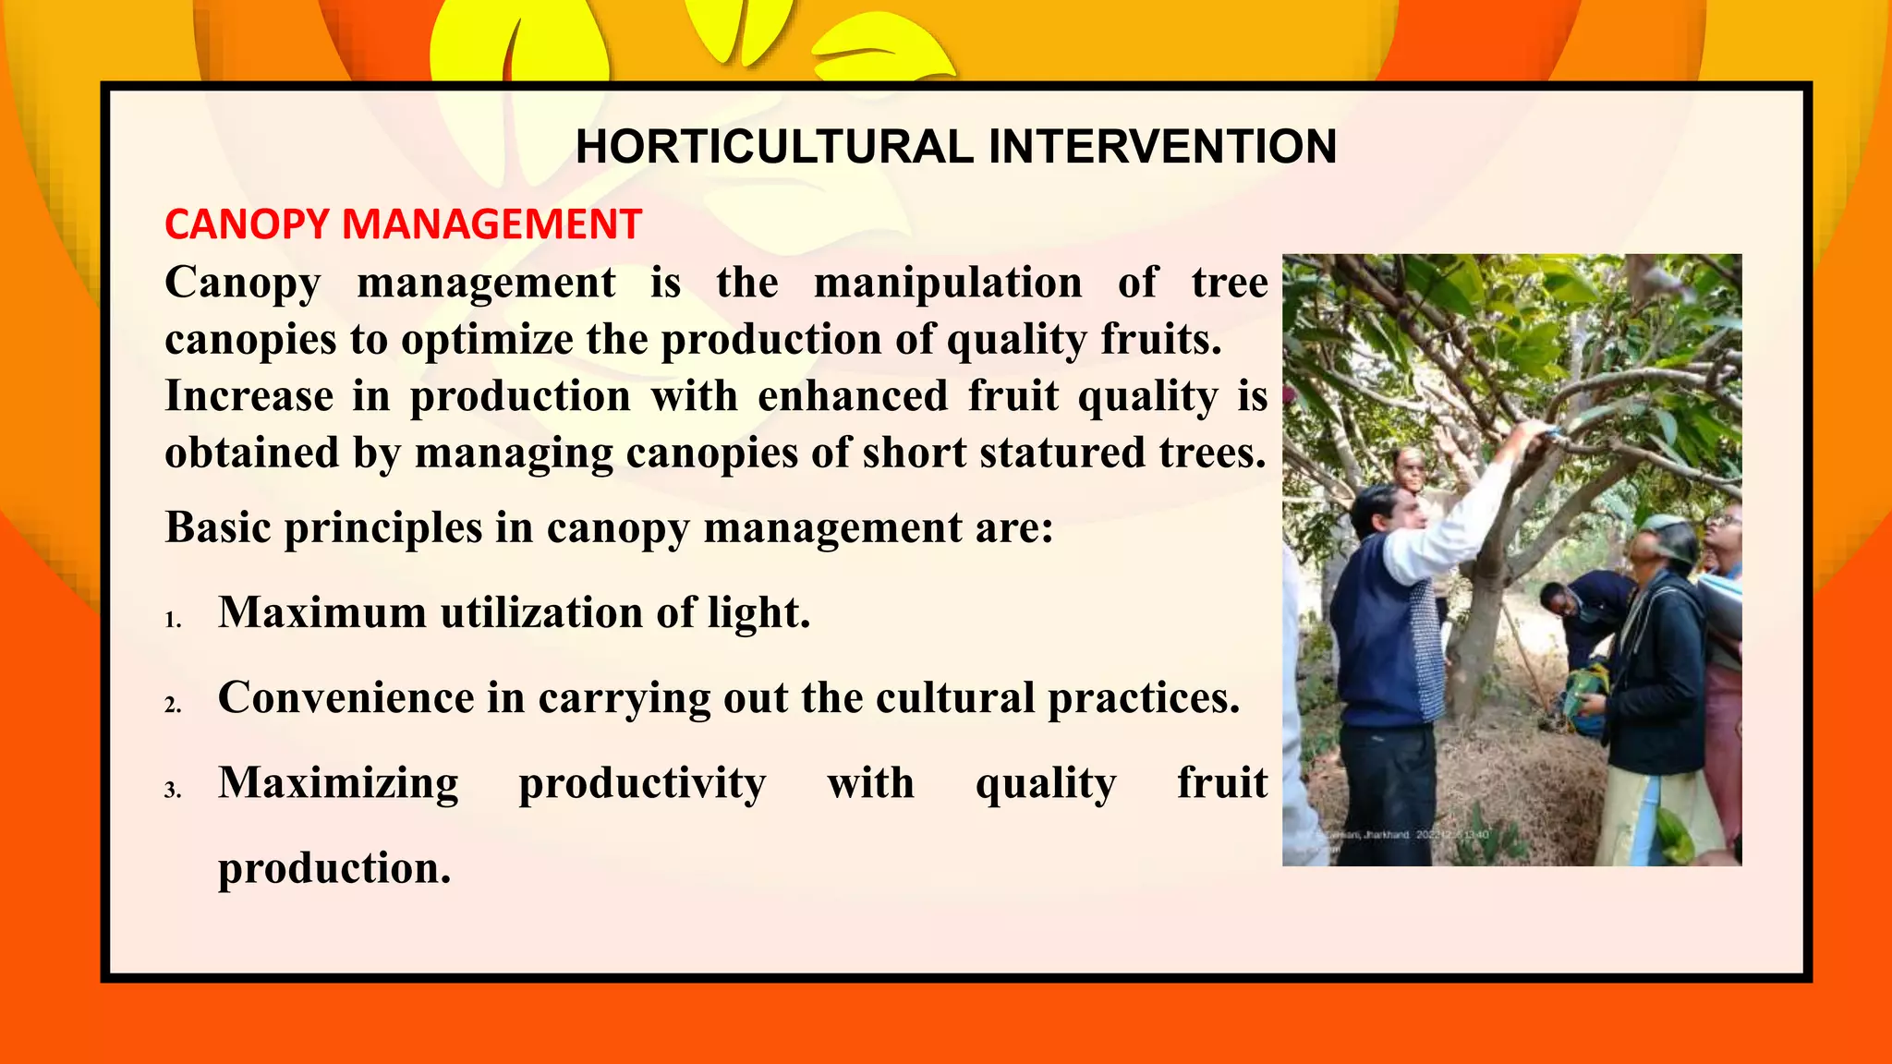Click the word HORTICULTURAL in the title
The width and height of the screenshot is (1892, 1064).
pos(773,147)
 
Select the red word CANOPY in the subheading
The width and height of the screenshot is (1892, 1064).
pos(247,224)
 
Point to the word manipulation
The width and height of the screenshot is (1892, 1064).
pos(948,283)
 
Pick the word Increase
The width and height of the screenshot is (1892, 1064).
pos(249,396)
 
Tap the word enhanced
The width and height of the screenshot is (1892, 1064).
pos(853,396)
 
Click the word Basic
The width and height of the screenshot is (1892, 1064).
pos(218,528)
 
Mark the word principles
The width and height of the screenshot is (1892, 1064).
pos(382,529)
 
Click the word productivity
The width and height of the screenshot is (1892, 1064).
pos(642,783)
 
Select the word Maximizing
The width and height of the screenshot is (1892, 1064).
pos(338,783)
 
